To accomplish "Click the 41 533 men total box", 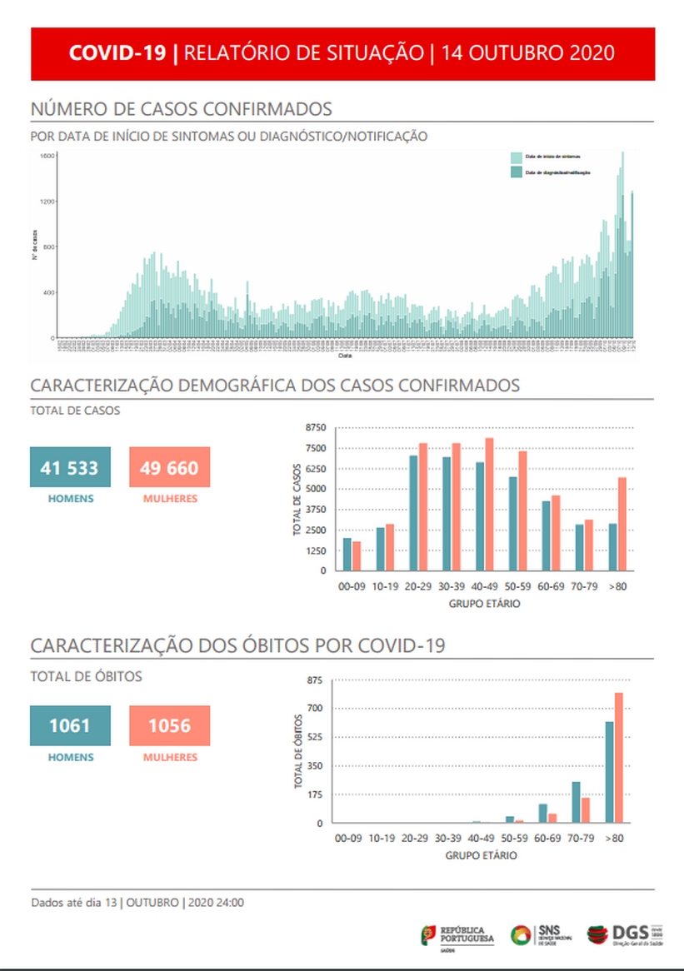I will [70, 467].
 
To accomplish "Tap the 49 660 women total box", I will [170, 467].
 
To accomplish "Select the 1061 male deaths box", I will [70, 725].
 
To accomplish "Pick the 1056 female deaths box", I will [170, 725].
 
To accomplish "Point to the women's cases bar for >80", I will [622, 524].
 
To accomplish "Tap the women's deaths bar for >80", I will [619, 758].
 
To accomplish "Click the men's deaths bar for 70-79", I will [576, 802].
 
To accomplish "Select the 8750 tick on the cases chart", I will [316, 427].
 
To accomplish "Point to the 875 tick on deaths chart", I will [314, 680].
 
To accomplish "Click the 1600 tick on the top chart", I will [47, 156].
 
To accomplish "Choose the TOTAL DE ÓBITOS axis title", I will [298, 751].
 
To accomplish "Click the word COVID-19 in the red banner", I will [117, 53].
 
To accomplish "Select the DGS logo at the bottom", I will [625, 934].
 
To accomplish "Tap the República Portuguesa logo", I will [457, 935].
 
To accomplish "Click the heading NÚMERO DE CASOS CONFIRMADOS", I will [182, 109].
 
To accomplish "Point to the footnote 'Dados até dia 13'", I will [75, 903].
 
